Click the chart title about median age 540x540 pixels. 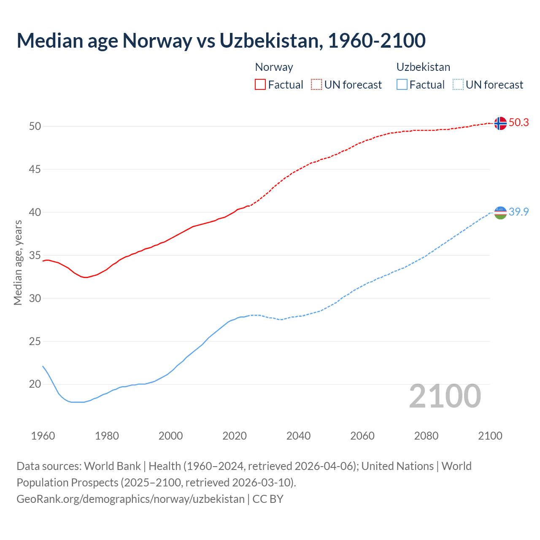[221, 40]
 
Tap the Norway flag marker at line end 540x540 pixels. [500, 123]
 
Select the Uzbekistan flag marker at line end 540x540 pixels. [500, 213]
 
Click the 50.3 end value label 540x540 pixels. [518, 123]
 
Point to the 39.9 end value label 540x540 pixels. [518, 212]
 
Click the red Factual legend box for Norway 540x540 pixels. [260, 85]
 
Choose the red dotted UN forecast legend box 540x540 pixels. [316, 85]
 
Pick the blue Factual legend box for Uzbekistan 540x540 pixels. [402, 85]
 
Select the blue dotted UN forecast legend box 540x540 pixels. [458, 85]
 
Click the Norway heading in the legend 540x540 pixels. [274, 67]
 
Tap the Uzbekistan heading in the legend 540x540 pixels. [423, 67]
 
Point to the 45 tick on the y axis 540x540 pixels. [35, 170]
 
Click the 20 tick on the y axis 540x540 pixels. [35, 384]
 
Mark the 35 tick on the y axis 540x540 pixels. [35, 256]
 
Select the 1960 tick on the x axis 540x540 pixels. [43, 436]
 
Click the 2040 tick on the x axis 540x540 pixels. [298, 436]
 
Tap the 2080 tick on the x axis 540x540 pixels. [426, 436]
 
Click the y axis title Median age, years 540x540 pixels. [18, 262]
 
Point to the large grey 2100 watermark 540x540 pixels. [445, 396]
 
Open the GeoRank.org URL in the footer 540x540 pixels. [130, 499]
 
